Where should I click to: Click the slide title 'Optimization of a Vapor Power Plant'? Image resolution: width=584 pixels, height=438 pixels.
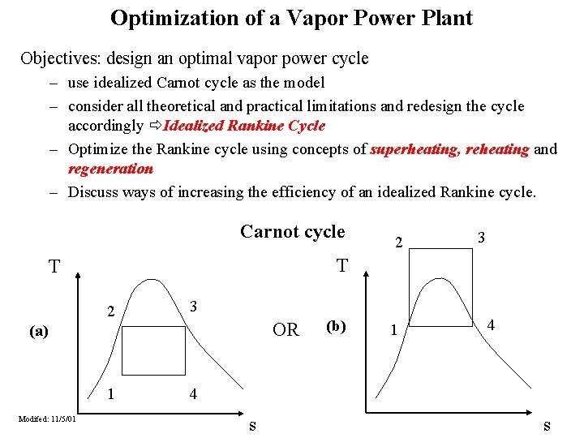click(x=291, y=18)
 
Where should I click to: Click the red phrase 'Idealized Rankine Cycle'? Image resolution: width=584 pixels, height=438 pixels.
click(x=244, y=126)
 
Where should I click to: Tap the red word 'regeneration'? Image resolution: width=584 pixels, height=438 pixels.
click(x=110, y=169)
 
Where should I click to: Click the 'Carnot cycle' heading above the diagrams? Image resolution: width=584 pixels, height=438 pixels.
click(x=292, y=231)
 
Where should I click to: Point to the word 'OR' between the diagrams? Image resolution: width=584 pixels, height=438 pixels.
click(x=286, y=330)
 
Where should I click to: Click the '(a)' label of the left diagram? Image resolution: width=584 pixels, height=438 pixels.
click(x=38, y=331)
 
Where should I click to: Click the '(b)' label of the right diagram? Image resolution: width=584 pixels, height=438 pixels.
click(x=337, y=327)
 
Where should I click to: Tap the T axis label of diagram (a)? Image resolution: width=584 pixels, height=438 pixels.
click(x=54, y=267)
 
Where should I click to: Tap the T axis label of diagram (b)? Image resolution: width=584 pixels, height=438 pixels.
click(x=342, y=266)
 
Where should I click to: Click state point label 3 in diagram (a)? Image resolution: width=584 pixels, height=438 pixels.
click(x=192, y=307)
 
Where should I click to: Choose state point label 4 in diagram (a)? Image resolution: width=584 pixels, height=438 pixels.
click(x=192, y=395)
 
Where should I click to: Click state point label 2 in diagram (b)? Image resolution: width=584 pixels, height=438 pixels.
click(x=397, y=243)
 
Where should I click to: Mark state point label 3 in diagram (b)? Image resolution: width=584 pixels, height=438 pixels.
click(x=481, y=238)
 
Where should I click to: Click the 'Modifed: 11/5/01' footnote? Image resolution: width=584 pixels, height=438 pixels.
click(x=48, y=419)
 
